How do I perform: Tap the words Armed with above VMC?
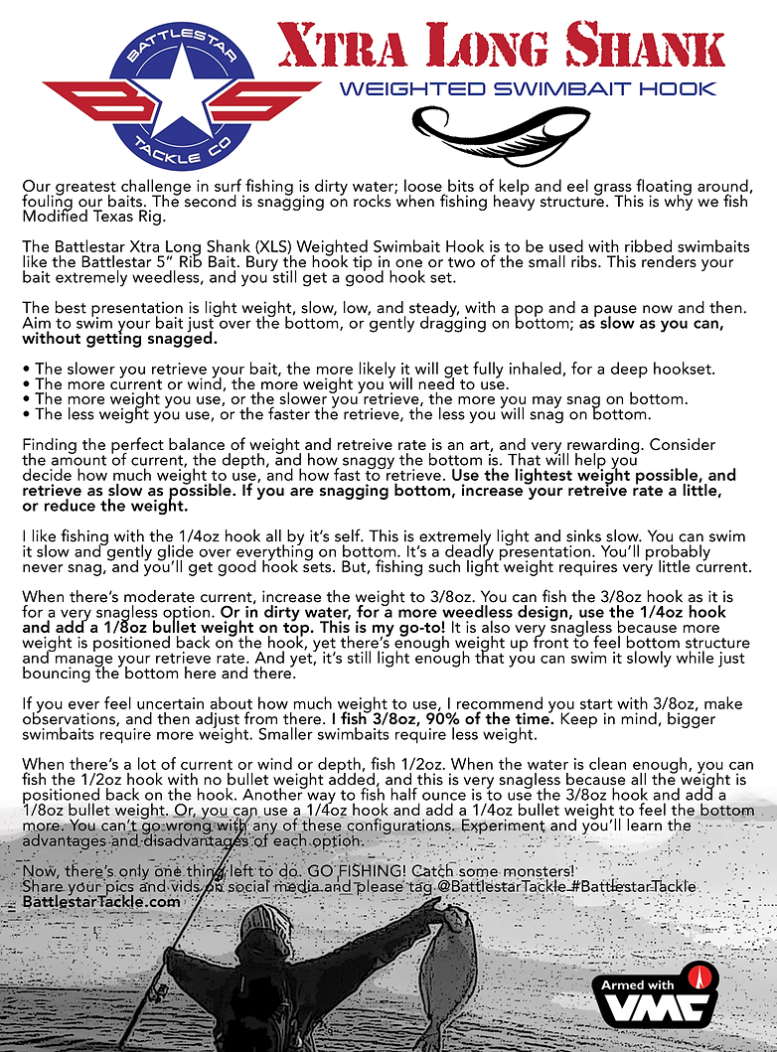coord(638,984)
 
